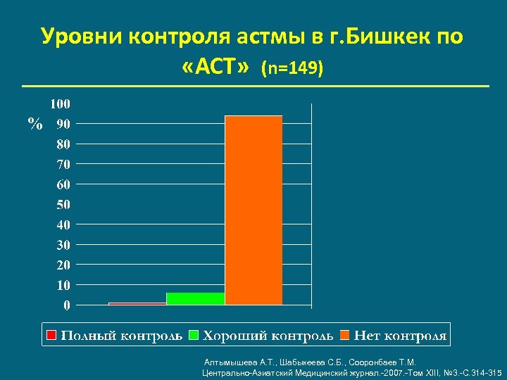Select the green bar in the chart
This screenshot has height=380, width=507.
tap(196, 298)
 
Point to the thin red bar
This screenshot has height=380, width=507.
tap(137, 303)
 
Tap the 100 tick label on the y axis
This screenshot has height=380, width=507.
tap(60, 104)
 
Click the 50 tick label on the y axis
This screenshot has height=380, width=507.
tap(63, 205)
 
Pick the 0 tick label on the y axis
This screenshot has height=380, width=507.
tap(67, 305)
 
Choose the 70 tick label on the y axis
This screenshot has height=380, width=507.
tap(63, 165)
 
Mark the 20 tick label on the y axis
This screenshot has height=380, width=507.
tap(63, 265)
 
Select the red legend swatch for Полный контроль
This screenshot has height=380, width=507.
tap(50, 336)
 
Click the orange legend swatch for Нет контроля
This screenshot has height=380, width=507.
tap(344, 336)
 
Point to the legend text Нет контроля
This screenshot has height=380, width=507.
tap(400, 336)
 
